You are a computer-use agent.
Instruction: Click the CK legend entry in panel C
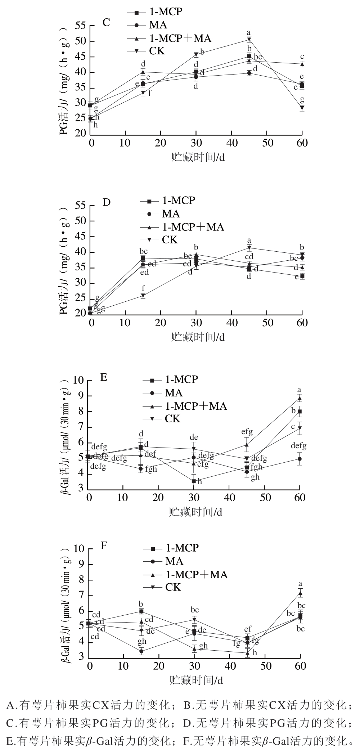point(157,51)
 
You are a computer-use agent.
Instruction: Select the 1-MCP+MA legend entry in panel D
point(193,227)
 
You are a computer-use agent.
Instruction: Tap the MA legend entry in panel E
point(174,393)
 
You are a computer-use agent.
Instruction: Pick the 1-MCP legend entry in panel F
point(182,548)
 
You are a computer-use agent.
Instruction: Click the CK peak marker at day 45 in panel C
point(249,39)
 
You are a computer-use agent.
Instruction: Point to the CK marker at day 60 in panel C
point(302,108)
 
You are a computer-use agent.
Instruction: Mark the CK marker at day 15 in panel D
point(143,296)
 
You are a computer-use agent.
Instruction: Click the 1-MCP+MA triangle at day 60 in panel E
point(300,398)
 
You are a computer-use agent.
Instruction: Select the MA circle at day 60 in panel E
point(300,459)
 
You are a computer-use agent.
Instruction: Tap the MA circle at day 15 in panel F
point(141,651)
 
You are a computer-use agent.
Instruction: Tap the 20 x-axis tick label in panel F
point(159,666)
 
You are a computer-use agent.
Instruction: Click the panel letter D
point(106,202)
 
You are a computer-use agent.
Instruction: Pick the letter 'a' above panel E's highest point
point(299,390)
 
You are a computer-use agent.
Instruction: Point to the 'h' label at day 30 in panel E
point(200,481)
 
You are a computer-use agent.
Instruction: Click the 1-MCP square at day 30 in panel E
point(194,481)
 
